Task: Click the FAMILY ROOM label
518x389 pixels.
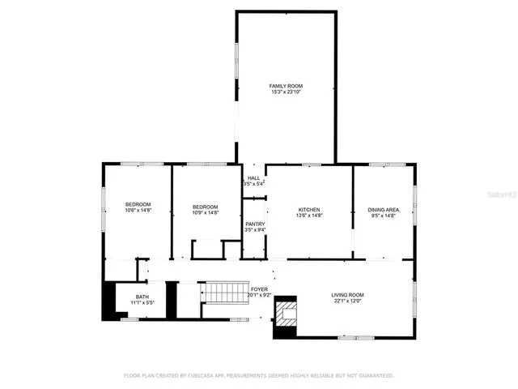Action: click(x=286, y=85)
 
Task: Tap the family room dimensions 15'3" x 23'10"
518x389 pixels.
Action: click(x=286, y=92)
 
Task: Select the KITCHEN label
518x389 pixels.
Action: click(x=308, y=209)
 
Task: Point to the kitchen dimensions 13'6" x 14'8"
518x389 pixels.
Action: click(x=308, y=216)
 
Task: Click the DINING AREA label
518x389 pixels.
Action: click(x=384, y=209)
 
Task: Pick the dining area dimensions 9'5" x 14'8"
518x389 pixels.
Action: click(x=384, y=216)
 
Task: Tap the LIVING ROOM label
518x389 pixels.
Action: click(x=347, y=295)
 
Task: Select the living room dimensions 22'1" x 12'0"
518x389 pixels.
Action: click(x=347, y=301)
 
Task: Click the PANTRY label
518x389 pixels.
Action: click(x=255, y=224)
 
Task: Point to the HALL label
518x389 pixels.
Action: click(x=254, y=178)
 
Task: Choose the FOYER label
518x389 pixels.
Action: click(x=259, y=289)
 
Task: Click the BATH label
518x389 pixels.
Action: click(x=142, y=297)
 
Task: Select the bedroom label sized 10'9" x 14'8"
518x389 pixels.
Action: click(x=205, y=207)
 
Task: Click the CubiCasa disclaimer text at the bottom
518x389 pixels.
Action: click(x=258, y=376)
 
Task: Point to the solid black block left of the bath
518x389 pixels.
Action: click(x=107, y=301)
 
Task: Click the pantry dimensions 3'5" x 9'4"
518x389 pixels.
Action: click(x=255, y=231)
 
